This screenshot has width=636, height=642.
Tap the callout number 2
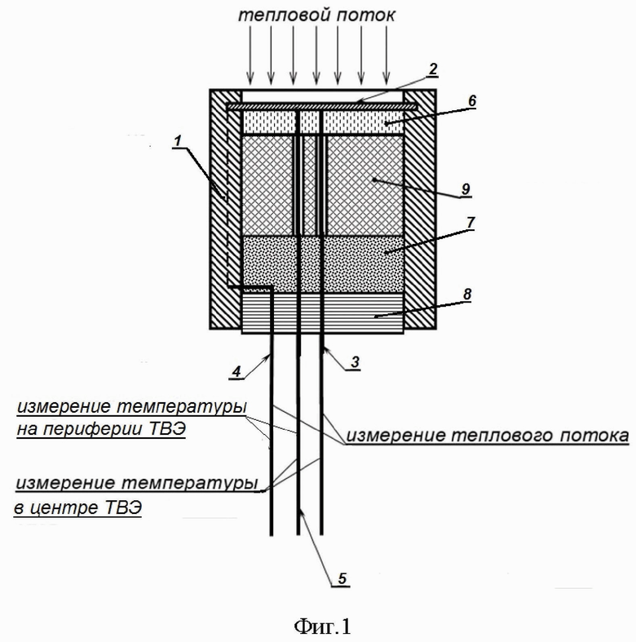pos(434,68)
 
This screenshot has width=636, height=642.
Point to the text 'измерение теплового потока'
pos(488,437)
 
